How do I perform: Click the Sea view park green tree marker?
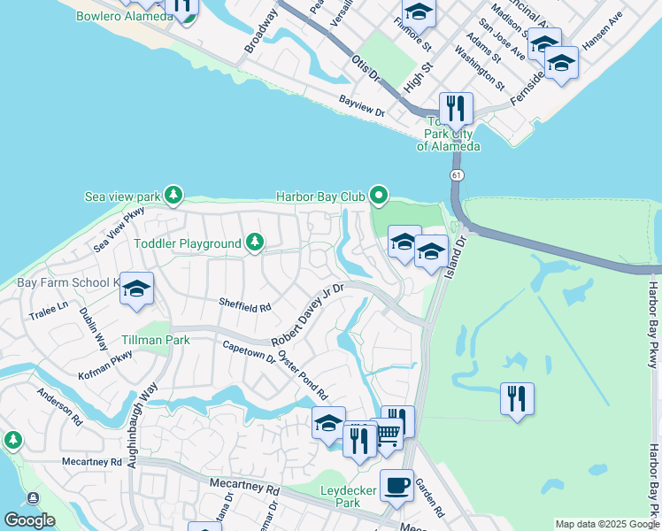174,195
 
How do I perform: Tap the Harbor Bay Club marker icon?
380,195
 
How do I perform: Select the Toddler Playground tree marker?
255,242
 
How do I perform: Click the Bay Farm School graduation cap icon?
137,289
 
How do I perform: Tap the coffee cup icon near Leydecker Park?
396,485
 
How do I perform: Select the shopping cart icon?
388,434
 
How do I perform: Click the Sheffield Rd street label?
245,306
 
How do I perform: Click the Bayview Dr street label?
361,106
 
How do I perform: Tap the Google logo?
29,520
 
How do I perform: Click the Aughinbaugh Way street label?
143,412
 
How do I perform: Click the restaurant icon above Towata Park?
456,108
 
